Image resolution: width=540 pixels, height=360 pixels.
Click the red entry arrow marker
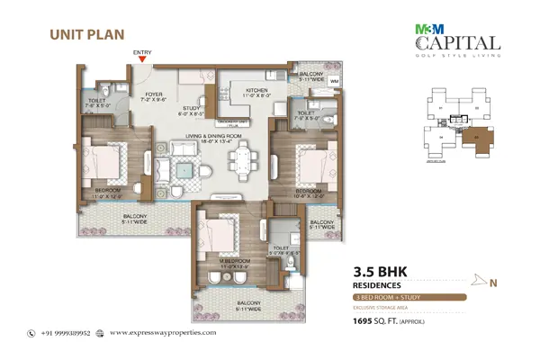[142, 60]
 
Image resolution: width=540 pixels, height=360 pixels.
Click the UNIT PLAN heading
[79, 35]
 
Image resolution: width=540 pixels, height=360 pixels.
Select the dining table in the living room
[240, 163]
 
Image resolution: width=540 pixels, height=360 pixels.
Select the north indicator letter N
[492, 283]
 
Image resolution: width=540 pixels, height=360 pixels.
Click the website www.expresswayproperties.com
[166, 332]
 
